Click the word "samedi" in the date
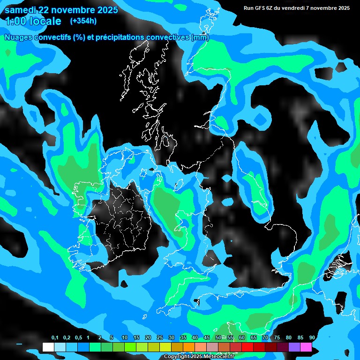tap(21, 10)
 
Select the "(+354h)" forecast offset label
tap(83, 21)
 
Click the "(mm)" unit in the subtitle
tap(200, 37)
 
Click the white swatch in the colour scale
tap(48, 347)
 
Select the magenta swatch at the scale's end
tap(306, 347)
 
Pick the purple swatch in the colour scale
tap(294, 347)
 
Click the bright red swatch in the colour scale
tap(247, 347)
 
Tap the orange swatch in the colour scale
tap(188, 347)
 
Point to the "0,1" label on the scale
tap(54, 338)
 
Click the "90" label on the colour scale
tap(312, 338)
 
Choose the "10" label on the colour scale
tap(125, 338)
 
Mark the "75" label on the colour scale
tap(277, 338)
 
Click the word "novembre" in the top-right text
tap(323, 8)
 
